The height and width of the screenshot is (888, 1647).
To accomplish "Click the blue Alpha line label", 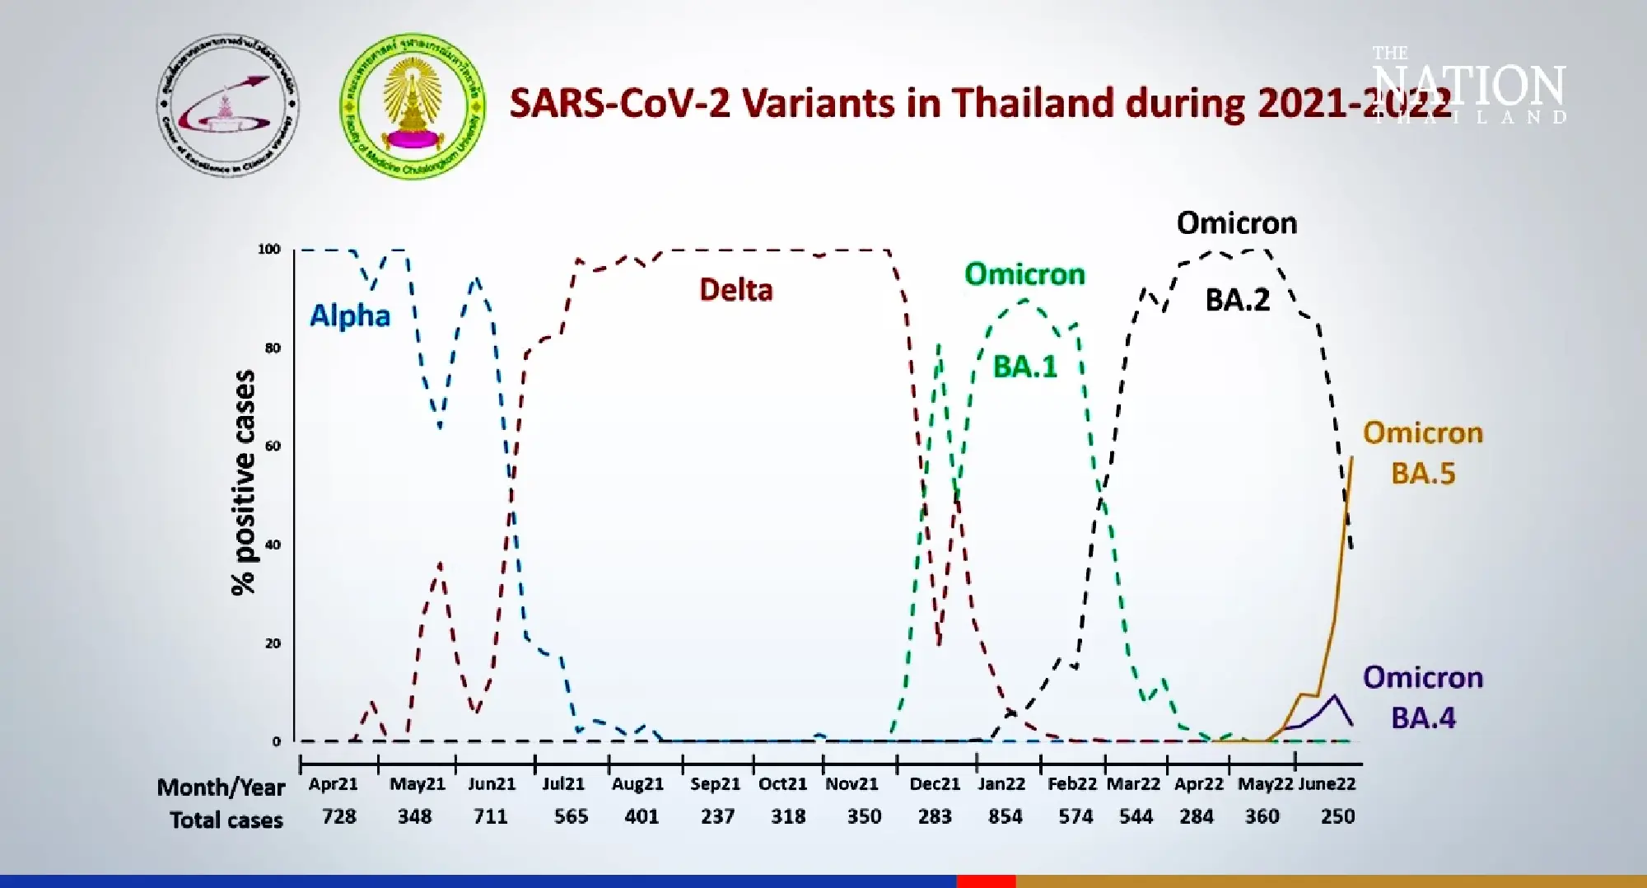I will pos(349,315).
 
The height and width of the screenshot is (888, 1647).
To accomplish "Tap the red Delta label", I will pos(735,290).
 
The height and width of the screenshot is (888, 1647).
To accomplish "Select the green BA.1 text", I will pos(1024,367).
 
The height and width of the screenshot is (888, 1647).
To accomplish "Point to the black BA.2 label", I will pos(1237,300).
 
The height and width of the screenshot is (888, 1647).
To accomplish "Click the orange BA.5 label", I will pos(1423,474).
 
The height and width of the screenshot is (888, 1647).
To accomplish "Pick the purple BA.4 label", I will pos(1423,718).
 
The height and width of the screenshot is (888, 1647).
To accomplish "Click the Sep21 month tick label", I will pos(715,784).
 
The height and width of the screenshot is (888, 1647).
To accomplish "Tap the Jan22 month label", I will pos(1001,784).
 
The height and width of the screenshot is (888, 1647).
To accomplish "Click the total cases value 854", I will pos(1005,816).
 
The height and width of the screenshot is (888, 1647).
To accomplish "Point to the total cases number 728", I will pos(338,816).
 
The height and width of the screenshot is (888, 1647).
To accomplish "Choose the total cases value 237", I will pos(717,816).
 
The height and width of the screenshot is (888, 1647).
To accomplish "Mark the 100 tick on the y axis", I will pos(269,249).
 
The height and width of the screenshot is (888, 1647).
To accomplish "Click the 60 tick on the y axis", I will pos(272,446).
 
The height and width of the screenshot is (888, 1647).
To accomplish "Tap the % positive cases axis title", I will pos(243,482).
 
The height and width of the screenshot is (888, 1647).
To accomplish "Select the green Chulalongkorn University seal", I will pos(413,105).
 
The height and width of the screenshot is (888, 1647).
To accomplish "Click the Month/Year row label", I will pos(221,788).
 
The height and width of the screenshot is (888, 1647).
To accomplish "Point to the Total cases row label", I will pos(226,820).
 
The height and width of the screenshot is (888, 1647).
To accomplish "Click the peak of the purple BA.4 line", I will pos(1334,696).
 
